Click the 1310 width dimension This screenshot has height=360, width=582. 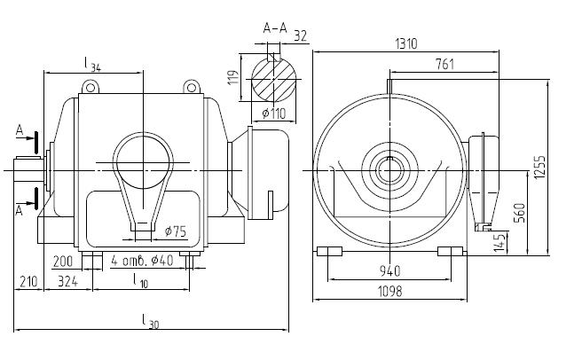click(407, 43)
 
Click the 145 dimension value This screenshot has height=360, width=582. click(502, 240)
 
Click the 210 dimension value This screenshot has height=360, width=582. click(28, 282)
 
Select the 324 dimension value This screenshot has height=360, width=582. click(67, 282)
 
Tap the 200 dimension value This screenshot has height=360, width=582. click(63, 262)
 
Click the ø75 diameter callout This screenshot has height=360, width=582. click(175, 232)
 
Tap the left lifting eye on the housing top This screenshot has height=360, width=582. click(90, 86)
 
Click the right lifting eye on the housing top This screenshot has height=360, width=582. click(191, 86)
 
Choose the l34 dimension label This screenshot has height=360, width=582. click(91, 63)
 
